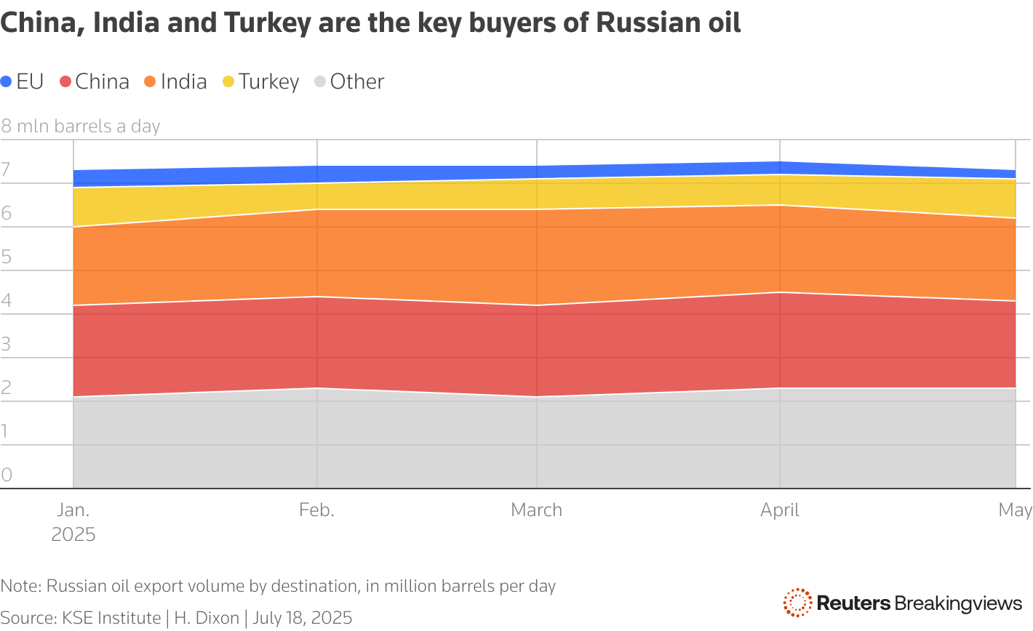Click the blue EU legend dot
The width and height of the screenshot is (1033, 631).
tap(7, 82)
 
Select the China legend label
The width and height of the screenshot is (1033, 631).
tap(102, 81)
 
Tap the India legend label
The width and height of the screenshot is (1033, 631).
tap(183, 81)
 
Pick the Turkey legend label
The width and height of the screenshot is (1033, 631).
tap(268, 81)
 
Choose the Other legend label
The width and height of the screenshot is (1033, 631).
tap(356, 81)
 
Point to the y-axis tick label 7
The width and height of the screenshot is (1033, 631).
tap(6, 170)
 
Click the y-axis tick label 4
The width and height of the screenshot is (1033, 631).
tap(6, 301)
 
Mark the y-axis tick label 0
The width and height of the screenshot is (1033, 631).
tap(6, 475)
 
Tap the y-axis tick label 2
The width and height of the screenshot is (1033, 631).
tap(6, 388)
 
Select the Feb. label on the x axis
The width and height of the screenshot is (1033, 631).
tap(316, 510)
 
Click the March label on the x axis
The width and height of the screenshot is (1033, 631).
tap(536, 510)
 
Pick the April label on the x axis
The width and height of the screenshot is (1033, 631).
tap(779, 510)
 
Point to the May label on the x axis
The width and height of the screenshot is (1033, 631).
tap(1015, 510)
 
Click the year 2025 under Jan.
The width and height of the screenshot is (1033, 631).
tap(73, 535)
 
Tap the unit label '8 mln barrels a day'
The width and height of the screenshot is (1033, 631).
tap(80, 126)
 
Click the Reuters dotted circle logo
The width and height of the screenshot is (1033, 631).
tap(797, 603)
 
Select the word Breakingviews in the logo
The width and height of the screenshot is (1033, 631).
tap(958, 603)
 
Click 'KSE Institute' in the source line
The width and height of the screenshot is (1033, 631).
tap(111, 618)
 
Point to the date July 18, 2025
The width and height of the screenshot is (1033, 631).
tap(302, 618)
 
